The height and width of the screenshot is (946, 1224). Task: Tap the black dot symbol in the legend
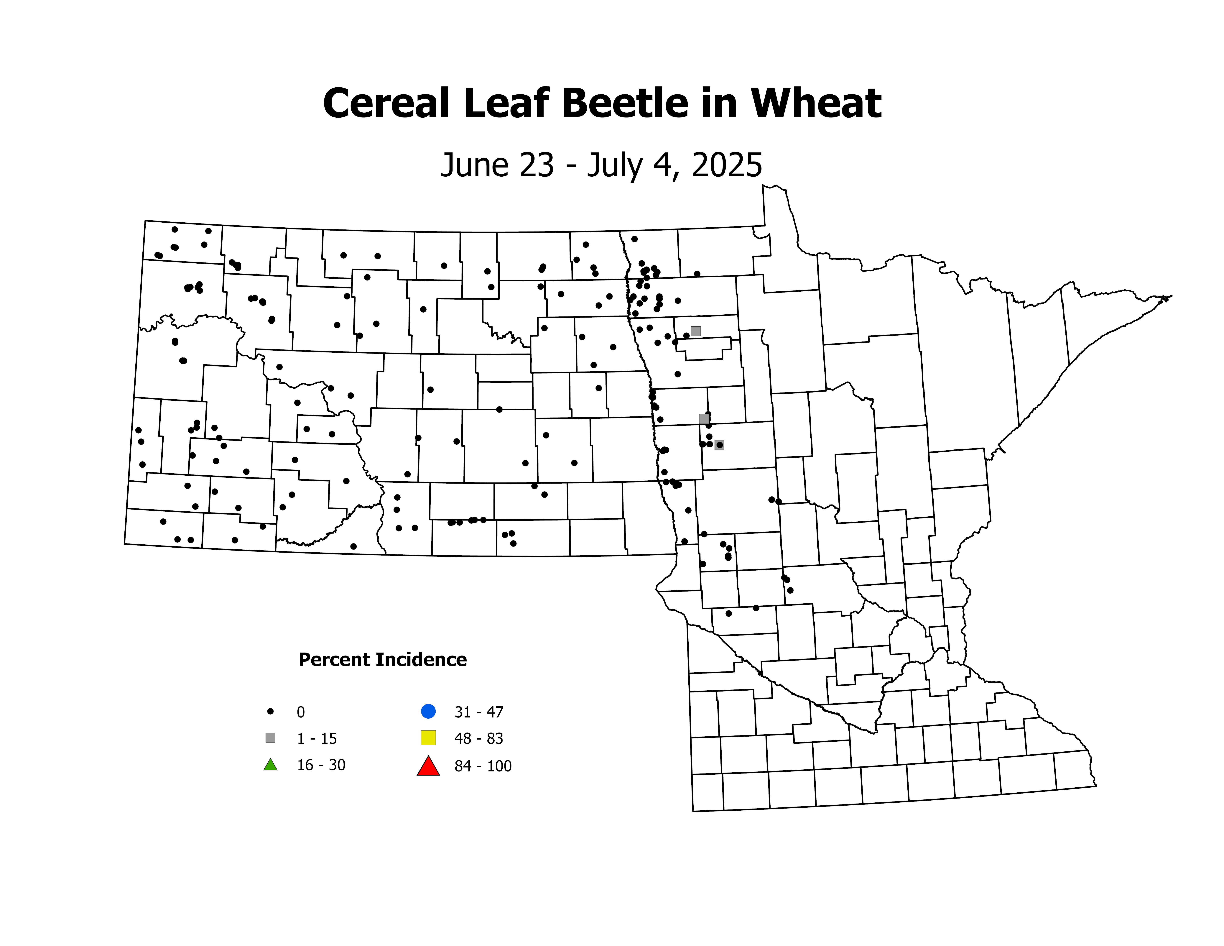270,711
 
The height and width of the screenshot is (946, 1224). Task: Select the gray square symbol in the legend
270,738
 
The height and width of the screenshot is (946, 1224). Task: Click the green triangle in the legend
270,764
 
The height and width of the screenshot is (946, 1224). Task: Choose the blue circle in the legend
428,711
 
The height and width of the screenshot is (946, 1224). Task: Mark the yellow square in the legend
428,738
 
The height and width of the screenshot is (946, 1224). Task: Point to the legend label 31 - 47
479,712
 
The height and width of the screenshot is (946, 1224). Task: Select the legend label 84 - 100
483,766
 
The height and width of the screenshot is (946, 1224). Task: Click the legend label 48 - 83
479,739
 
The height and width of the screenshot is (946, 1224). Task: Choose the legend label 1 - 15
317,739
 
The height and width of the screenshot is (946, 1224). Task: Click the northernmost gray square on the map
695,331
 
